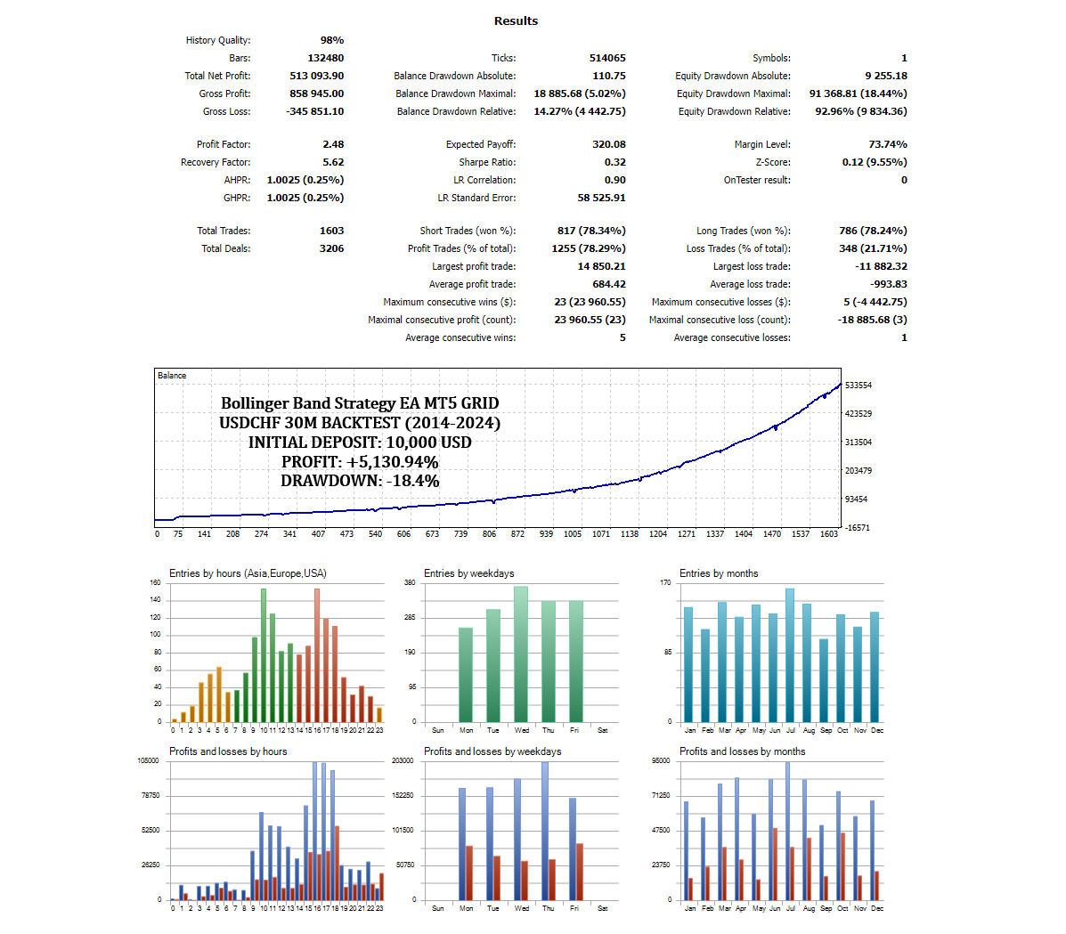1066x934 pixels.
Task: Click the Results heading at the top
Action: (516, 20)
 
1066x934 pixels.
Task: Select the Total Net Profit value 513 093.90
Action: (316, 76)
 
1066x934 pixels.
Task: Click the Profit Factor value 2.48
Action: (333, 144)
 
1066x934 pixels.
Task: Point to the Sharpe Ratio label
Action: (487, 162)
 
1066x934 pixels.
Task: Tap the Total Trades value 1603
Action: (331, 231)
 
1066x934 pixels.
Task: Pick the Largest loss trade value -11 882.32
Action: (881, 266)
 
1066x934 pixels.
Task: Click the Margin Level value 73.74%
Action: (888, 144)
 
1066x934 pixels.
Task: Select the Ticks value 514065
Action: (607, 58)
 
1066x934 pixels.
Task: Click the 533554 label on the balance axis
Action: (858, 386)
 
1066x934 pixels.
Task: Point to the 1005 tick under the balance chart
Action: (573, 534)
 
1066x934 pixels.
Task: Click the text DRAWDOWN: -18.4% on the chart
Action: (360, 481)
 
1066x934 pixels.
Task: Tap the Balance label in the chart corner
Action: (172, 376)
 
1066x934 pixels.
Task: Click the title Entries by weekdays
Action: (468, 573)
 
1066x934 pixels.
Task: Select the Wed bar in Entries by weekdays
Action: (521, 654)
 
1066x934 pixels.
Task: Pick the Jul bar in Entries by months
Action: (790, 655)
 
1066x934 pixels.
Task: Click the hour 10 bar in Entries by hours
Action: (264, 655)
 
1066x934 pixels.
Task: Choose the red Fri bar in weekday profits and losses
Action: (580, 872)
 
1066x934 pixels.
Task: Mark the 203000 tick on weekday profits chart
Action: (403, 760)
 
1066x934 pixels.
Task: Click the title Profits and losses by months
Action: (742, 751)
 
